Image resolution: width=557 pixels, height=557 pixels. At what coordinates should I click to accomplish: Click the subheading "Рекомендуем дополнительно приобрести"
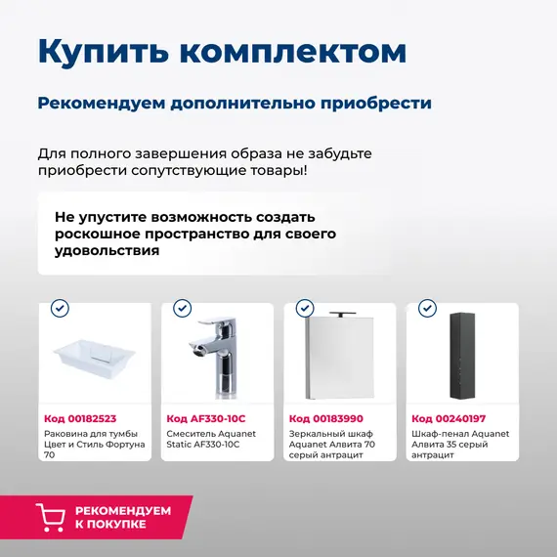point(235,103)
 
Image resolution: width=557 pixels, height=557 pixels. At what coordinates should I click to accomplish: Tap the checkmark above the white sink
point(61,309)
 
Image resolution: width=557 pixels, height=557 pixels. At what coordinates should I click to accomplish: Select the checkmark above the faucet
point(183,309)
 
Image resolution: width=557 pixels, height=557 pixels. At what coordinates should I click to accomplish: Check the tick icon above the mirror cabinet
point(305,309)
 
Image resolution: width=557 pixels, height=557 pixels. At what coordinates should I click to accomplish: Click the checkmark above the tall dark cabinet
point(427,309)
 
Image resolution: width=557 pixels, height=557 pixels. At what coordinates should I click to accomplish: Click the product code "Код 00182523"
point(80,418)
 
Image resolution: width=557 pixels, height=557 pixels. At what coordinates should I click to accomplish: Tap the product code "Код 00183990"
point(325,418)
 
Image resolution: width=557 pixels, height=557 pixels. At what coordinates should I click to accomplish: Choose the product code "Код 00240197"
point(448,418)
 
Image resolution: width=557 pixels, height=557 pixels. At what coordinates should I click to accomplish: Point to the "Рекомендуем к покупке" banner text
point(122,517)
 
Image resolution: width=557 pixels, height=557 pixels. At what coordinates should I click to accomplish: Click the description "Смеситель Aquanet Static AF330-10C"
point(211,439)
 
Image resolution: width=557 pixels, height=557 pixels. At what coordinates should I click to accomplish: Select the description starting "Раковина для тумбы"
point(94,444)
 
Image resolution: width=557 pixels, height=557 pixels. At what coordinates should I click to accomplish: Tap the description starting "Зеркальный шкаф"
point(333,444)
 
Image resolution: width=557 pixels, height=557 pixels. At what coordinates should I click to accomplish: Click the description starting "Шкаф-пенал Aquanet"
point(459,444)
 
